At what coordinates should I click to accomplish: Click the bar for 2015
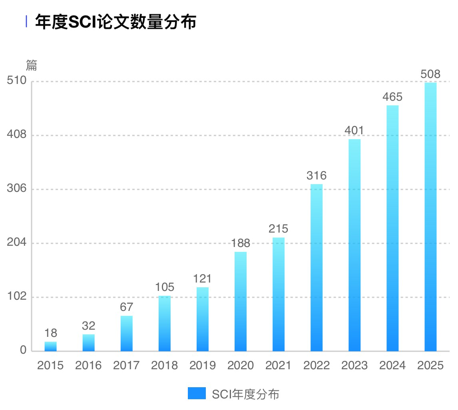(50, 346)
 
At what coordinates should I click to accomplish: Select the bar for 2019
(203, 319)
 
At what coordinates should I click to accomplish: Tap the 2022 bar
(317, 268)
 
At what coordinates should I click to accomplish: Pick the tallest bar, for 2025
(430, 217)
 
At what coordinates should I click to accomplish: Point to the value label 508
(430, 74)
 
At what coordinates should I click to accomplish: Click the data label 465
(392, 97)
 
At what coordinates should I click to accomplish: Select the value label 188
(241, 243)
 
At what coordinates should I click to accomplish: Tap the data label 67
(127, 307)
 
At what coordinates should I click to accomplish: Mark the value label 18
(51, 333)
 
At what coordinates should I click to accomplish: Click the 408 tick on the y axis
(16, 135)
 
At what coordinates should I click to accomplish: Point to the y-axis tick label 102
(16, 297)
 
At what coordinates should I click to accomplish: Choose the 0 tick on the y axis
(23, 350)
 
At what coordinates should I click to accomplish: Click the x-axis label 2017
(126, 366)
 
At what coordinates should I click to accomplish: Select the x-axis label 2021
(279, 366)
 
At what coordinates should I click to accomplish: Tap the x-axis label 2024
(392, 366)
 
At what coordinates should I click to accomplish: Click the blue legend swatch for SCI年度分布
(197, 394)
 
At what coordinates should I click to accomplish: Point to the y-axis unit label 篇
(32, 65)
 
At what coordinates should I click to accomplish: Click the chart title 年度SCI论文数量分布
(116, 22)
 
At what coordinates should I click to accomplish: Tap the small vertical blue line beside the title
(26, 22)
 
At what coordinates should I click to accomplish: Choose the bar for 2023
(354, 245)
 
